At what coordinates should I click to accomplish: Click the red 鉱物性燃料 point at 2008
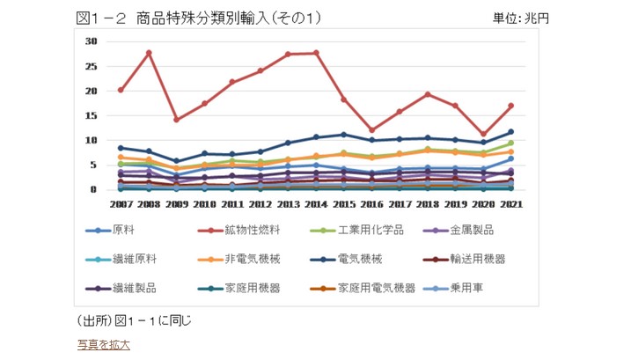point(149,53)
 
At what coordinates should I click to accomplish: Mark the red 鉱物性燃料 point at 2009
point(177,120)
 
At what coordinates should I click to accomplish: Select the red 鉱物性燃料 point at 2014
point(316,53)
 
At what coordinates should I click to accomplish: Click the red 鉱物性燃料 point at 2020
point(483,135)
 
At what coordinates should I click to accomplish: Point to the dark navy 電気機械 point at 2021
point(510,132)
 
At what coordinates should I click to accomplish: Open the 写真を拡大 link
point(104,344)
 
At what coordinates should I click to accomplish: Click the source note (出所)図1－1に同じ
point(134,320)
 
